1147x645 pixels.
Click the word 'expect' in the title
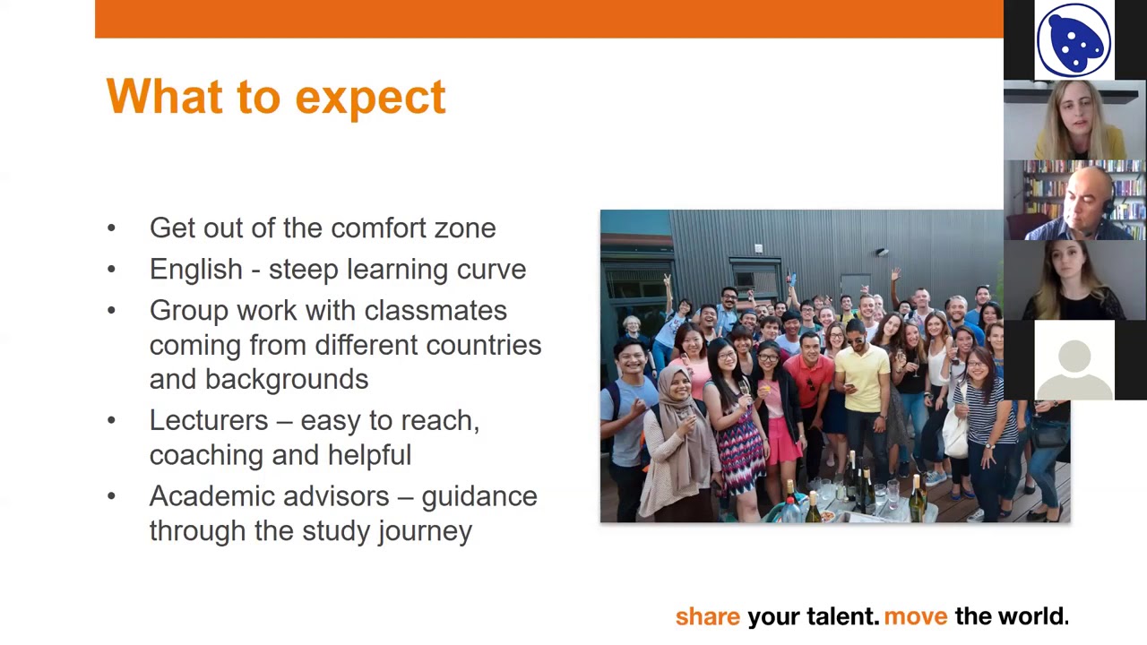369,97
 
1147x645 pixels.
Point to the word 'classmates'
435,311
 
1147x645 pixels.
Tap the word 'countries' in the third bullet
483,345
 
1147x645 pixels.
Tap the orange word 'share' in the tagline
707,616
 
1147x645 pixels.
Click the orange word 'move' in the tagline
915,616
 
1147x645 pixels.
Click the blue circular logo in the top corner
1074,40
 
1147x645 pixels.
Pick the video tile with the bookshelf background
1074,201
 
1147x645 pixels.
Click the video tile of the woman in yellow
1074,121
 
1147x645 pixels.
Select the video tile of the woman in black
1074,280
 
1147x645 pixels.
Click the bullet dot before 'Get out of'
111,228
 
